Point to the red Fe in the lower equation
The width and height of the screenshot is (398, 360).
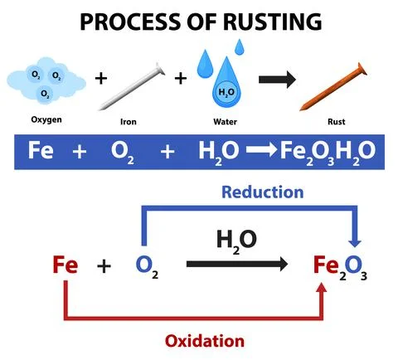click(x=65, y=265)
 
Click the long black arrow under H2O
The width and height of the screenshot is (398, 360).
click(x=237, y=265)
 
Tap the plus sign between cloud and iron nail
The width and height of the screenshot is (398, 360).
click(x=101, y=80)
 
